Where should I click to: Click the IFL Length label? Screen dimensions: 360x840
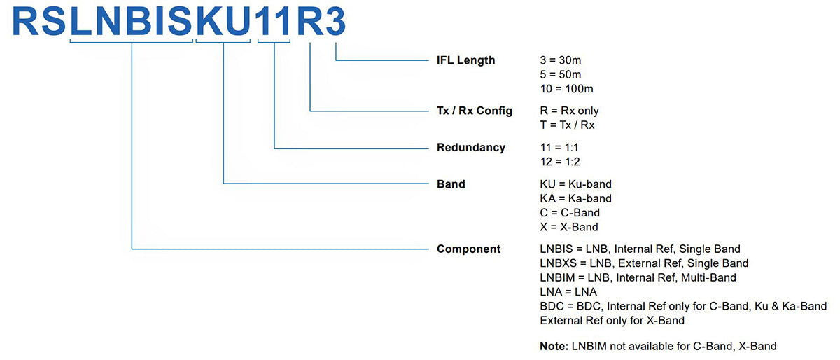tap(465, 60)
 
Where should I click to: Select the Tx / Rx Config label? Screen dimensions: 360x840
tap(474, 111)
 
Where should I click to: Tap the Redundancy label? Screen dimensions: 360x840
tap(470, 148)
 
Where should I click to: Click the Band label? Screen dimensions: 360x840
tap(451, 184)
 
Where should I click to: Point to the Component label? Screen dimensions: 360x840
tap(468, 249)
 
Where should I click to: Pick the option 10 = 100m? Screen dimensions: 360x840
tap(566, 89)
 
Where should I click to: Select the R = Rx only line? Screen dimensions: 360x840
tap(569, 111)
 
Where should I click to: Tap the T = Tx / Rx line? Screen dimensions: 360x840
tap(567, 125)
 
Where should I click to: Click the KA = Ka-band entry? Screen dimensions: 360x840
tap(575, 198)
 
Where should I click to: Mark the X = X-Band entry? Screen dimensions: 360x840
tap(569, 227)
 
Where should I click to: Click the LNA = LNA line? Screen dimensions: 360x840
tap(568, 291)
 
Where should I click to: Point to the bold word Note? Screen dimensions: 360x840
tap(554, 346)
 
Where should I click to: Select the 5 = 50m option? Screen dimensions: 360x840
tap(561, 74)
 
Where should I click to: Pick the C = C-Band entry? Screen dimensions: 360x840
tap(570, 213)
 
